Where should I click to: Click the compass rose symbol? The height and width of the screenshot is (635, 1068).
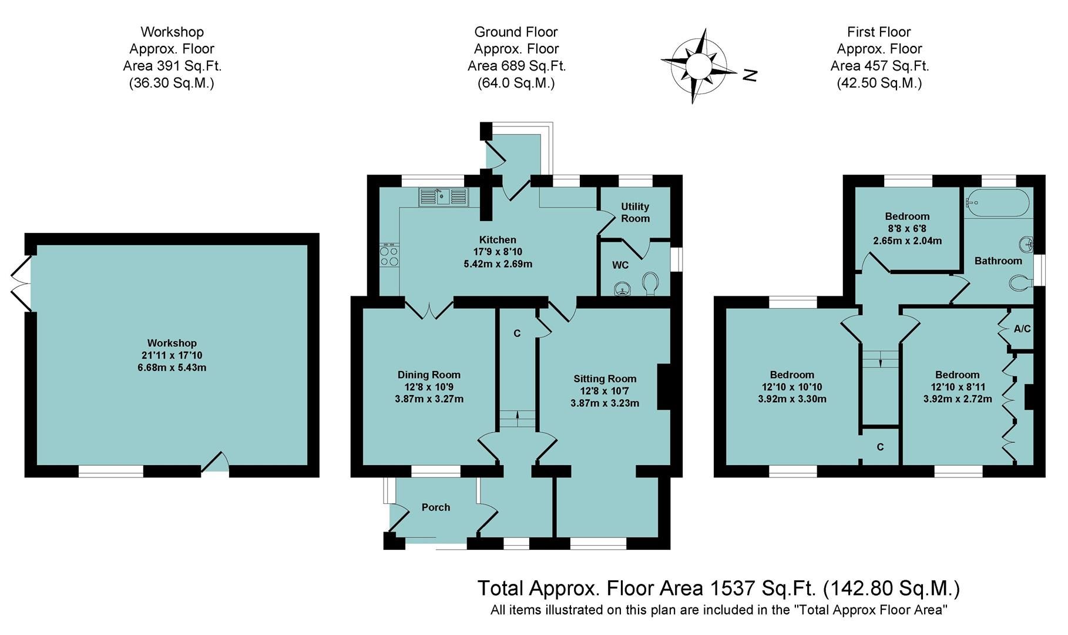(698, 65)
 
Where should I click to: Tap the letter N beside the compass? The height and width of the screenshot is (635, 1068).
(750, 75)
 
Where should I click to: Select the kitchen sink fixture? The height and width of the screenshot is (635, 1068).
(443, 197)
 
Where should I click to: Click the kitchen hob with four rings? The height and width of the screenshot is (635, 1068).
(389, 256)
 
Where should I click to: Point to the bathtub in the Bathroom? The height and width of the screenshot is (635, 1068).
(997, 203)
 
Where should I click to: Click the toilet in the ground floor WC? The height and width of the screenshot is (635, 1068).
(649, 284)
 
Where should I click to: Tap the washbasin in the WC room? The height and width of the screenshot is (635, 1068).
(621, 289)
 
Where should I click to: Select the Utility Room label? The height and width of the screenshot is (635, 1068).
(635, 212)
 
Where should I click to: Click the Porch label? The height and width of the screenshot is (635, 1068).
(435, 507)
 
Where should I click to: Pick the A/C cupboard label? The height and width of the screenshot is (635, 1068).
(1022, 329)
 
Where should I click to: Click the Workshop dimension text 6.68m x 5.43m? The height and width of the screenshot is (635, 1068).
(172, 368)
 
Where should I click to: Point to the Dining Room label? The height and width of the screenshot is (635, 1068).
(429, 375)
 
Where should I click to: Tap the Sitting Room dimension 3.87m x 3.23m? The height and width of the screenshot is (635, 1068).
(604, 403)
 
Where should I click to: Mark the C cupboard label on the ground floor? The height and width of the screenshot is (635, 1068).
(517, 333)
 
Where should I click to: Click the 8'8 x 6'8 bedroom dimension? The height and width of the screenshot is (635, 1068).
(907, 229)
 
